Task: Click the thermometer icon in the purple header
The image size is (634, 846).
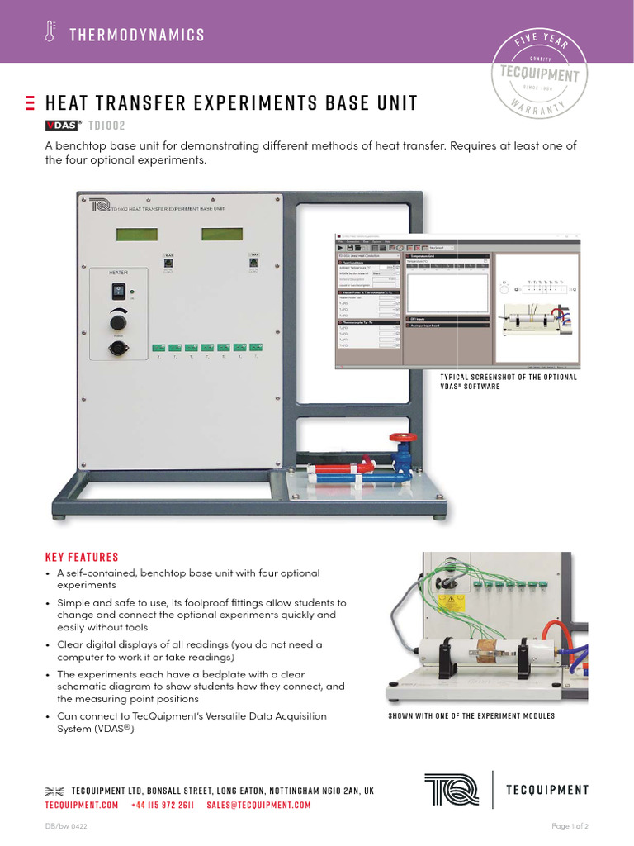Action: (50, 33)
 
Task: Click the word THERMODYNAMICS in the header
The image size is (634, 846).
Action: (137, 35)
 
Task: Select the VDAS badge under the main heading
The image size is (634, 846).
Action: (61, 126)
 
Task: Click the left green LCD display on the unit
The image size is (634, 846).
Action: (137, 235)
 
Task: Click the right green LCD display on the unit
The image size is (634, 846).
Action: (221, 235)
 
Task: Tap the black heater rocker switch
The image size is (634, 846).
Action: (118, 291)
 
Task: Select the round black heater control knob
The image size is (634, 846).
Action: (119, 319)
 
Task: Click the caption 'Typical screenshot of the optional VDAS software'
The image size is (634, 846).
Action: (509, 382)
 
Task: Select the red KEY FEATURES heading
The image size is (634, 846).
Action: (82, 557)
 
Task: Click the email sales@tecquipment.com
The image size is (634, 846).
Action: (258, 805)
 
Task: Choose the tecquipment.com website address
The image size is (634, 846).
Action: (82, 805)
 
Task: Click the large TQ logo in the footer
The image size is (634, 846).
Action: (451, 789)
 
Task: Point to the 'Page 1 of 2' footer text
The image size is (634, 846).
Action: (570, 826)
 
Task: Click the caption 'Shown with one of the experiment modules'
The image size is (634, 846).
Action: (471, 715)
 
